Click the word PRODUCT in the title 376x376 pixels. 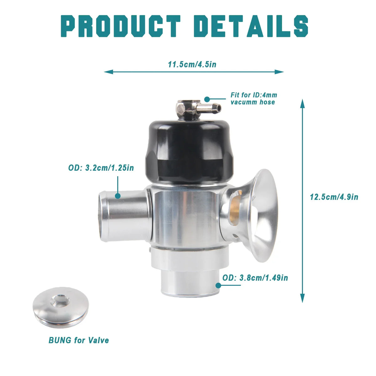(121, 26)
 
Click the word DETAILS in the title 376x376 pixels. (251, 26)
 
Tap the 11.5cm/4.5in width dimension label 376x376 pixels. (192, 65)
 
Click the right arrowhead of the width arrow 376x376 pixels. (279, 72)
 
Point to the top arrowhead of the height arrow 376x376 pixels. (302, 104)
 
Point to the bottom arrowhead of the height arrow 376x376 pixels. (302, 298)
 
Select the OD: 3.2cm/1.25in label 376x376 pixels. (101, 168)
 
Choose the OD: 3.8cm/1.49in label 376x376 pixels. (255, 278)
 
